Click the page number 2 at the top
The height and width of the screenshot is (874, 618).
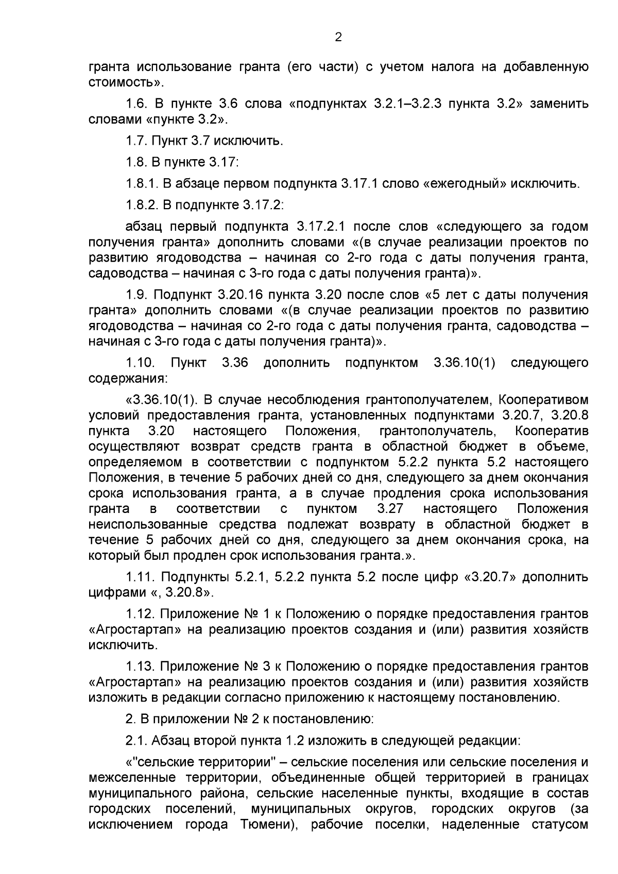[x=338, y=37]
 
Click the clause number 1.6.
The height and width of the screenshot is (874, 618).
[x=136, y=104]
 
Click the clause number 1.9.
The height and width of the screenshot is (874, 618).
[x=136, y=295]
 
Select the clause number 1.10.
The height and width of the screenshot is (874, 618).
[x=141, y=363]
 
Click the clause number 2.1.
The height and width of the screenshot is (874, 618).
[x=136, y=741]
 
